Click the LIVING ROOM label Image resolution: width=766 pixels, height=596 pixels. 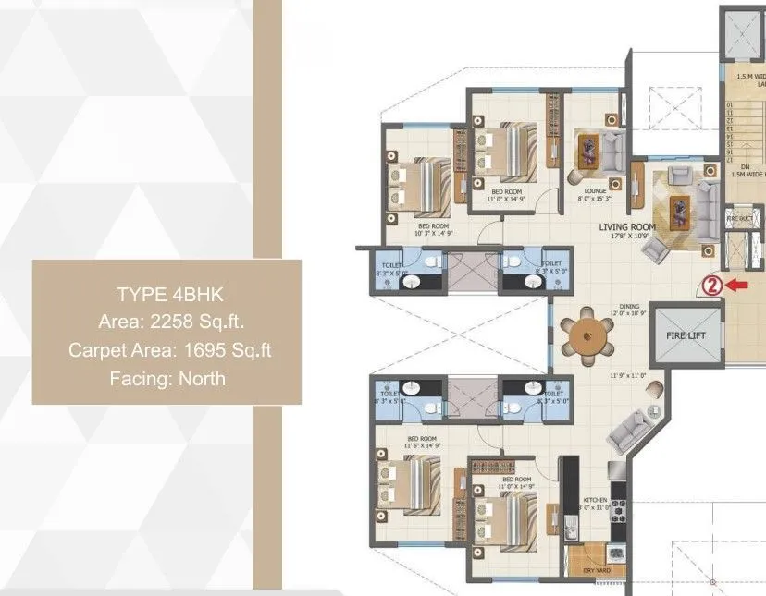pos(626,227)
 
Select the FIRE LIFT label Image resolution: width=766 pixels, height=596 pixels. pos(686,335)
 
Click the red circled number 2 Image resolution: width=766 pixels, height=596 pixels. pos(711,286)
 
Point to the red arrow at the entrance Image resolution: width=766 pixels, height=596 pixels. pos(736,286)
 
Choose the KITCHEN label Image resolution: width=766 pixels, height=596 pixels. pos(593,500)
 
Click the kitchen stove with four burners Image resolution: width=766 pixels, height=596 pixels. pos(618,510)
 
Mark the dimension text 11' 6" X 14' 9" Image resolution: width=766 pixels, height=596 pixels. pos(422,446)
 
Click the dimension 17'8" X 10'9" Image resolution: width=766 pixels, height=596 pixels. pos(628,237)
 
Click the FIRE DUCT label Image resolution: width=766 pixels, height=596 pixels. pos(740,219)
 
